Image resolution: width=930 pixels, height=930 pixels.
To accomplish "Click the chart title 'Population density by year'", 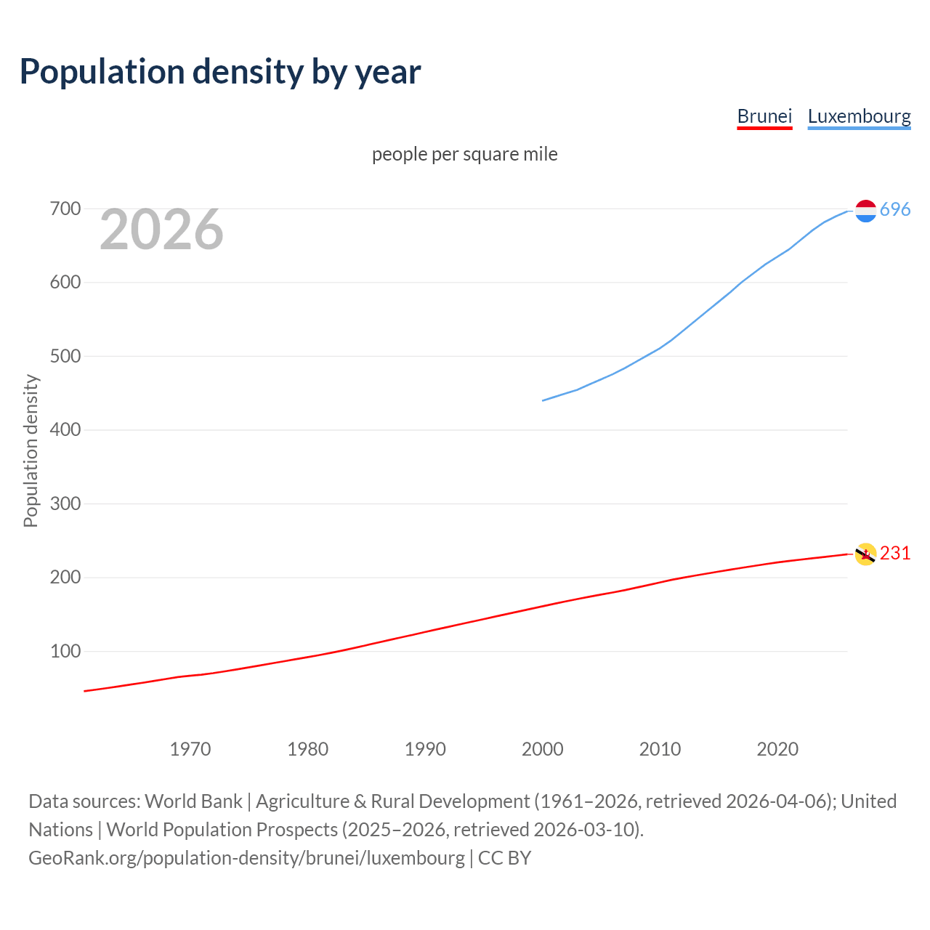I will tap(220, 71).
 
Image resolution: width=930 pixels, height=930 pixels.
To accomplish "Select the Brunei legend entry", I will tap(764, 116).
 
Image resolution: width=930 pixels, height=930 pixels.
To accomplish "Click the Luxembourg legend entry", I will tap(859, 116).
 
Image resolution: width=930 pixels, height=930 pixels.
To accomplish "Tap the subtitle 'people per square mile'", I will tap(464, 154).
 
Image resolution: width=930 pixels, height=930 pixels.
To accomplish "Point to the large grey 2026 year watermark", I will tap(161, 230).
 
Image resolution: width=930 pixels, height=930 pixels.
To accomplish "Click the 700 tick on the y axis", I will tap(65, 209).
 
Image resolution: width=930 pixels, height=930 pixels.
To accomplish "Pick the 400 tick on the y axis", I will tap(65, 430).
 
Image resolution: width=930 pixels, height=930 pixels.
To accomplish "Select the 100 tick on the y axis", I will tap(65, 651).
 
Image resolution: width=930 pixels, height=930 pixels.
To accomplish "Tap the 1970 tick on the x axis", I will tap(190, 749).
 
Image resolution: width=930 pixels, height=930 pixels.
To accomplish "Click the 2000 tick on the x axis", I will tap(543, 749).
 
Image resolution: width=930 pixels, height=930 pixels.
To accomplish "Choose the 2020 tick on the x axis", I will tap(777, 749).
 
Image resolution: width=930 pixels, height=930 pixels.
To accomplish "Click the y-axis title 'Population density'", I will tap(31, 450).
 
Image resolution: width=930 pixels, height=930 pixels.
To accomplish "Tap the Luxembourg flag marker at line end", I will tap(865, 211).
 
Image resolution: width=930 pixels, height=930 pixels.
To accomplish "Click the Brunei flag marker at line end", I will tap(865, 554).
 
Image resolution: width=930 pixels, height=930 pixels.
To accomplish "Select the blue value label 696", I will tap(895, 209).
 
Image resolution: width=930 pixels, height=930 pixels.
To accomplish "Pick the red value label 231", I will tap(895, 553).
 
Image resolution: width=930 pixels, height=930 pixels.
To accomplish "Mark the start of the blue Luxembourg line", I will tap(543, 400).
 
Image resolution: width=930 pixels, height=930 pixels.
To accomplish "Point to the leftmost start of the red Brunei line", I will tap(85, 691).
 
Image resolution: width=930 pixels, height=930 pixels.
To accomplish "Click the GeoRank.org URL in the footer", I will tap(246, 858).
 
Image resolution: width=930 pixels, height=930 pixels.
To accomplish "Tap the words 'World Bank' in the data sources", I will tap(193, 801).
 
